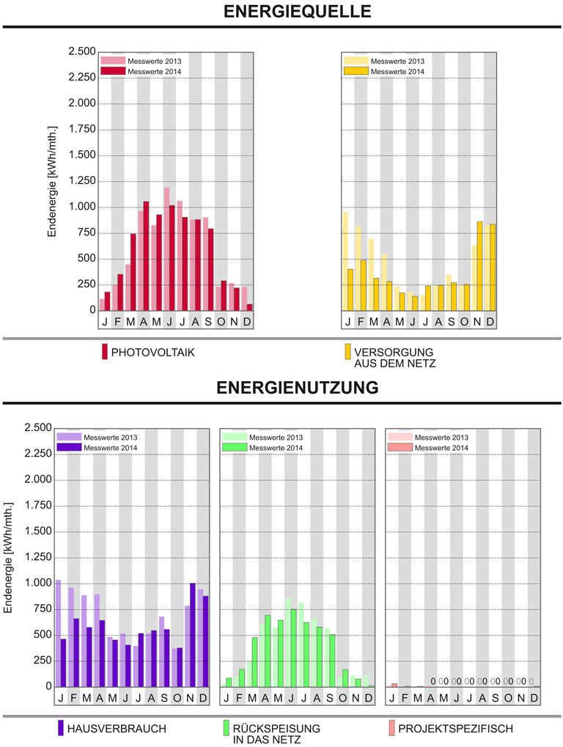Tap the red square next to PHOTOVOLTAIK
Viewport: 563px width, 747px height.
(105, 353)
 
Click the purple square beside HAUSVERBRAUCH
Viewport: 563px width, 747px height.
(62, 729)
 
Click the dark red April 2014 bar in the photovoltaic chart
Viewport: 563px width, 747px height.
(146, 255)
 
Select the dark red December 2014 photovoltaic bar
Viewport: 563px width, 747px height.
(249, 306)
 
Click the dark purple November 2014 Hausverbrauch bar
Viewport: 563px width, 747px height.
(193, 635)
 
